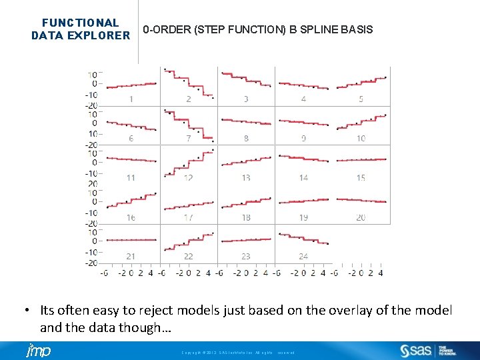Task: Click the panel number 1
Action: pos(131,99)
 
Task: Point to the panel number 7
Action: pos(189,138)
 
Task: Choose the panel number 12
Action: pos(189,177)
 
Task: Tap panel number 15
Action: pos(361,177)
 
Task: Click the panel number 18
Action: pos(246,217)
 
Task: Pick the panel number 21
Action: pos(131,256)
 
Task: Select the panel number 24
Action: pos(303,256)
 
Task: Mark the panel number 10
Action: pos(361,138)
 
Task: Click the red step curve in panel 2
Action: pos(189,81)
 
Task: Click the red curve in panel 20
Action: pos(361,200)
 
